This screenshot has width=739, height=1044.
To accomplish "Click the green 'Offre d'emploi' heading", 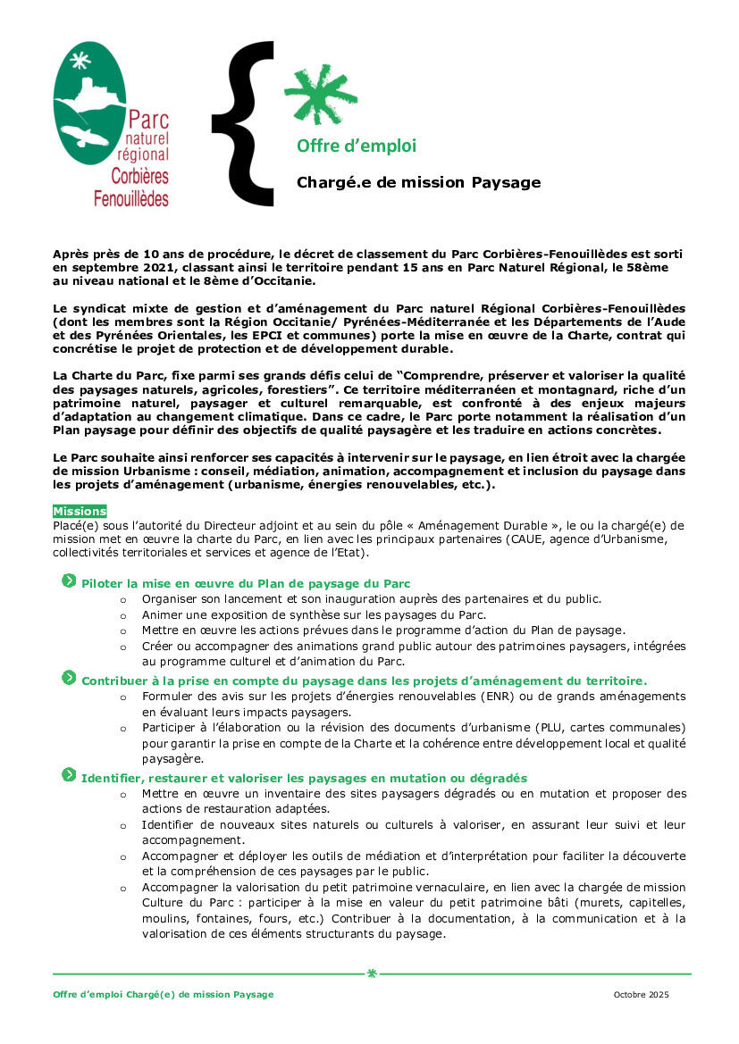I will click(356, 146).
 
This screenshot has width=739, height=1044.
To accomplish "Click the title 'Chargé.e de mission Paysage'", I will click(418, 183).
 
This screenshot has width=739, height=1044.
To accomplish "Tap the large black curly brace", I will click(244, 123).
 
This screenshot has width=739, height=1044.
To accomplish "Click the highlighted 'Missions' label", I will click(80, 511).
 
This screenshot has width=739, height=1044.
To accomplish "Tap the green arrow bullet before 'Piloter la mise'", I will click(69, 581).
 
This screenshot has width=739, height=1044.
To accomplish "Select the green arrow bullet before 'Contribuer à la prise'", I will click(69, 679).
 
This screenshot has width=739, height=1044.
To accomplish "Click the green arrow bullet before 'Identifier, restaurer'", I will click(69, 776).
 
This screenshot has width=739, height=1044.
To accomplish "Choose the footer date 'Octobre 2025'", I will click(641, 995).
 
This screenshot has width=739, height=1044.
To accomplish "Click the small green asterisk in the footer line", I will click(372, 973).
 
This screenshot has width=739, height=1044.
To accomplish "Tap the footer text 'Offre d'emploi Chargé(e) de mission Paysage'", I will click(163, 995).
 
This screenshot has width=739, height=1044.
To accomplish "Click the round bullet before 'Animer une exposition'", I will click(123, 615).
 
